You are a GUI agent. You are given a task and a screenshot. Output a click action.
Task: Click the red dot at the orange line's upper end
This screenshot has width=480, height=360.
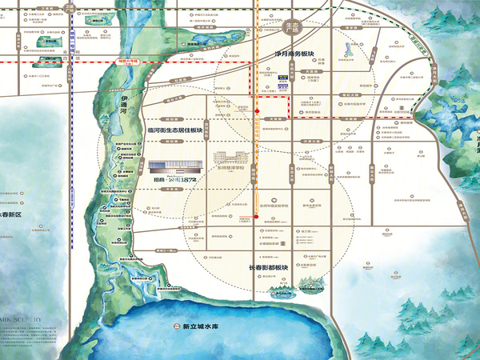tap(255, 121)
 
